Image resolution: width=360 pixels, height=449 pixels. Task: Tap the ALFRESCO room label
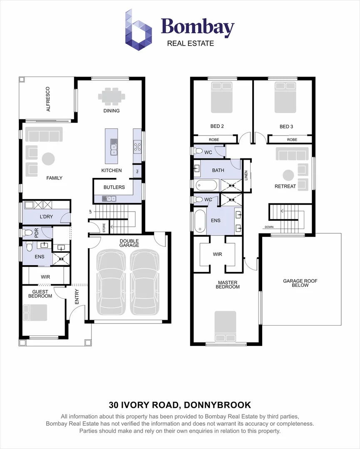(48, 99)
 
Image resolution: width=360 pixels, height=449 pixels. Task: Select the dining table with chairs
(112, 96)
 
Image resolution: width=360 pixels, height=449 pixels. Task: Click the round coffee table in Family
(48, 159)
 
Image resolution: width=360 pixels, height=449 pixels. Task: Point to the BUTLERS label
(114, 187)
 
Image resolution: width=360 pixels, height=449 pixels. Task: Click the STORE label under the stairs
(104, 228)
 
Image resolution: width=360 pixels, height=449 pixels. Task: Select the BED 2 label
(217, 126)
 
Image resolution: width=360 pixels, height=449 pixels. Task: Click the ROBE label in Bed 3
(292, 140)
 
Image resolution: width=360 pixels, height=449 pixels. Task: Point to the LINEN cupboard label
(246, 176)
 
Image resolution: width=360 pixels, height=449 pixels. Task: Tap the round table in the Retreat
(288, 175)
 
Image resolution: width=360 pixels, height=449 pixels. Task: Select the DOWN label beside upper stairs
(268, 227)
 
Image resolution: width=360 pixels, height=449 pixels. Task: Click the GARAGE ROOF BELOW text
(300, 283)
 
